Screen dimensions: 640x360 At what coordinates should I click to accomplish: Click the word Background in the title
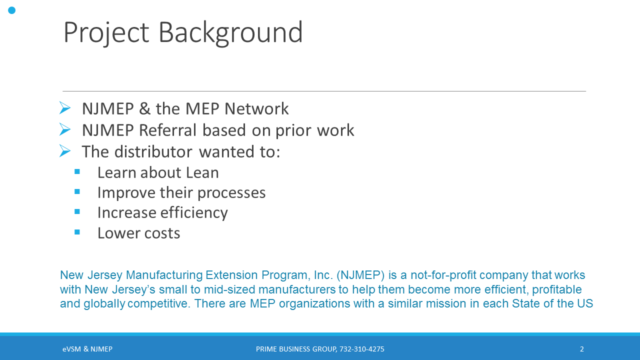click(230, 33)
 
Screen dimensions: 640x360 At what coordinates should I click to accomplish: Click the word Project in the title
click(106, 33)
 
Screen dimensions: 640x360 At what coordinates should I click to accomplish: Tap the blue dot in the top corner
click(11, 10)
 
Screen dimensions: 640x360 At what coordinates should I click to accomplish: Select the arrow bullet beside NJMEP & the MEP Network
click(65, 108)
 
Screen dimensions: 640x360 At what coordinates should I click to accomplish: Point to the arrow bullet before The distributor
click(65, 151)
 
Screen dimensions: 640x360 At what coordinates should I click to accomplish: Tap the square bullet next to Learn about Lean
click(77, 171)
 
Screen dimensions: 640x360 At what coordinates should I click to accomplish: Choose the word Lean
click(202, 172)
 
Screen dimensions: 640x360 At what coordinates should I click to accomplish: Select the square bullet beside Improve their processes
click(77, 191)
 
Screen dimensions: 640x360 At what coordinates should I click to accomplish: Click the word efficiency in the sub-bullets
click(194, 213)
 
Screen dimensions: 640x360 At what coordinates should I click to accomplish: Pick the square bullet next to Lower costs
click(77, 231)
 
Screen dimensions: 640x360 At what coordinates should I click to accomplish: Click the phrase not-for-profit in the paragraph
click(443, 275)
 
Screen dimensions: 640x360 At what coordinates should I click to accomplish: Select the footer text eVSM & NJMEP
click(87, 349)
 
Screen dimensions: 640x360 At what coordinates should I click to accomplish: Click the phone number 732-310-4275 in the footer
click(361, 349)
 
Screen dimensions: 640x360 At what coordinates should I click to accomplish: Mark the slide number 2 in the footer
click(581, 349)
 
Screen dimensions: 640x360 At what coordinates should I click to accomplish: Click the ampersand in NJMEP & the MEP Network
click(145, 109)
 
